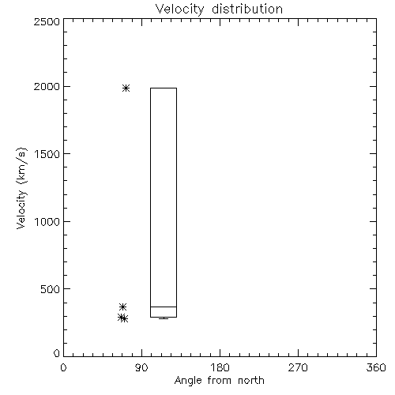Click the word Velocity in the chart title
point(180,9)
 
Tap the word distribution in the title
point(247,9)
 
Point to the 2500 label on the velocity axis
point(47,21)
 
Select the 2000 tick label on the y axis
point(47,86)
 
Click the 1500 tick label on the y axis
point(47,154)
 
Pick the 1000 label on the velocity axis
point(47,222)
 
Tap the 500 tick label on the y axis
point(51,289)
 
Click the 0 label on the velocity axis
point(57,353)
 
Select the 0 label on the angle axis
point(63,367)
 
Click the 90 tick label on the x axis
point(141,367)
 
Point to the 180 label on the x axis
point(220,367)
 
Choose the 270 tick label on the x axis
point(298,367)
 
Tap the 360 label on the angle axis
point(376,367)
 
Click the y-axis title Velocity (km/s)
point(21,188)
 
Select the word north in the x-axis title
point(251,381)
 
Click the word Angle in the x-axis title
point(188,381)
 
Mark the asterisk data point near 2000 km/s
point(126,88)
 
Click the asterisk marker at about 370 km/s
point(122,307)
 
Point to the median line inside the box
point(164,307)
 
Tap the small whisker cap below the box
point(164,318)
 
